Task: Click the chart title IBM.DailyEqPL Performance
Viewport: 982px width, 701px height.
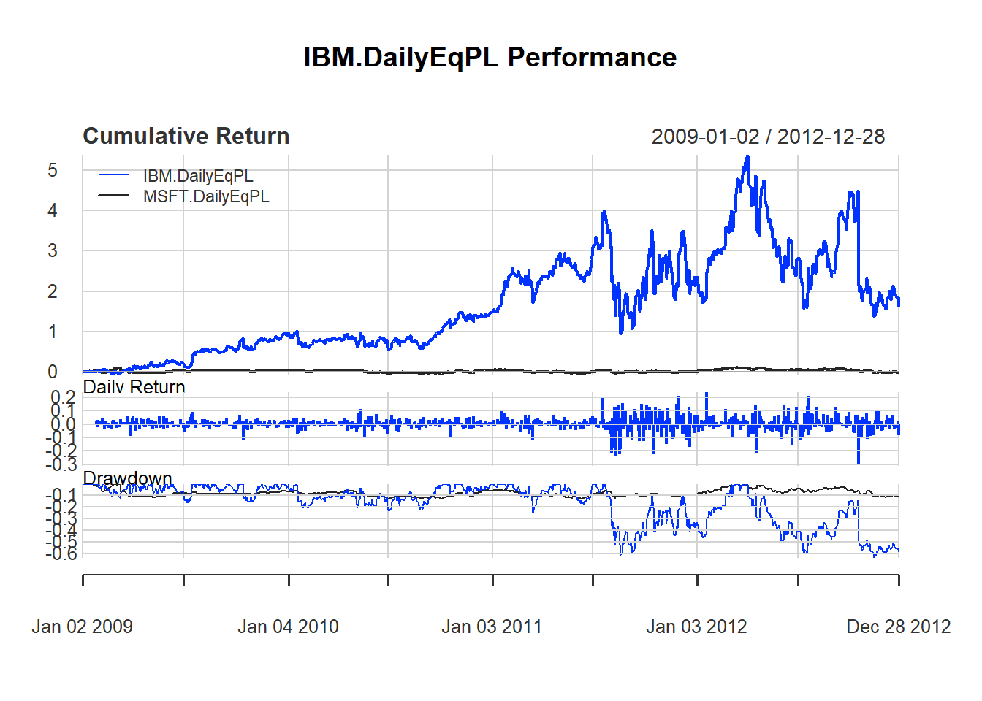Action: (490, 57)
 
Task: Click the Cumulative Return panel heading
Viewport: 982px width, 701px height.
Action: (186, 137)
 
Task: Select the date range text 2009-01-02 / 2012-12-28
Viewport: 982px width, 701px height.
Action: (767, 137)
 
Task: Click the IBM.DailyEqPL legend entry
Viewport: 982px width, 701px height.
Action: (198, 176)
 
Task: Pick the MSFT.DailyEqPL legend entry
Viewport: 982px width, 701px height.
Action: (206, 196)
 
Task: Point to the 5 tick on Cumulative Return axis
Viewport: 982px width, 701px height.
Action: (53, 171)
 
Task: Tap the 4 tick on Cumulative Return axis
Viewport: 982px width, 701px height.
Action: (53, 211)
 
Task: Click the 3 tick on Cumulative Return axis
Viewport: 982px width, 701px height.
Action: (53, 251)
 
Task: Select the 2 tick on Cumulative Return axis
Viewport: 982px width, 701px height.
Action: (53, 291)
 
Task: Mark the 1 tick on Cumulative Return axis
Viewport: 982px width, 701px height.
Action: (53, 332)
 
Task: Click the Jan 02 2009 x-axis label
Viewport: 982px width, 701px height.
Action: (82, 627)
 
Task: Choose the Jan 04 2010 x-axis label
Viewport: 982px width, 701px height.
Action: (288, 627)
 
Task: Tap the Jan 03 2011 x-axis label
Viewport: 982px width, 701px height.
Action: (492, 627)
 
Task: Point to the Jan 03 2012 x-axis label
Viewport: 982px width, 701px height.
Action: (696, 627)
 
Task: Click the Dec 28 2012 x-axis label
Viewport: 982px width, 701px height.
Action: (898, 627)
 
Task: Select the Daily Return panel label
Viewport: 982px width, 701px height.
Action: (134, 386)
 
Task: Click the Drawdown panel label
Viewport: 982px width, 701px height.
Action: (127, 478)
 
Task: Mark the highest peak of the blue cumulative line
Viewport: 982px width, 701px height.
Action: (747, 156)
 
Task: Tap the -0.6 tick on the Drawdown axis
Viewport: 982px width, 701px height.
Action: (61, 554)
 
